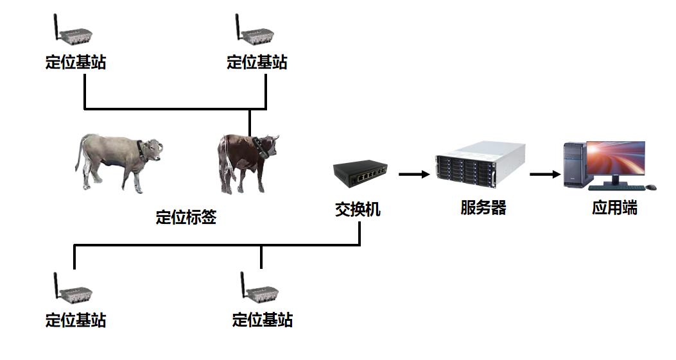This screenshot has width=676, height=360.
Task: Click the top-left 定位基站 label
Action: coord(76,62)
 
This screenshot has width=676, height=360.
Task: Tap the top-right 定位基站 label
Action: coord(257,62)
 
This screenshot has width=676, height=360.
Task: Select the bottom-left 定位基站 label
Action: coord(76,320)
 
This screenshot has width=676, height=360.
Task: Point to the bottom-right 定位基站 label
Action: coord(263,320)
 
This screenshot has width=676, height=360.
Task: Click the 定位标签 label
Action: coord(186,217)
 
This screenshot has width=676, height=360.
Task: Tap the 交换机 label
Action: coord(358,209)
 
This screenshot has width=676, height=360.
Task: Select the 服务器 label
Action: coord(483,207)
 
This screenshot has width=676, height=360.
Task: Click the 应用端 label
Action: coord(614,208)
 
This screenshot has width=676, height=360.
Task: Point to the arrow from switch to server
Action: coord(413,174)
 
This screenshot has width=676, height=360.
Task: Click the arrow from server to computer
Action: coord(544,174)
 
